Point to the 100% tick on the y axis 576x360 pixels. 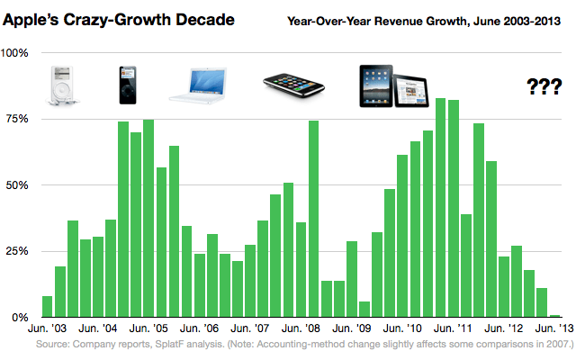coord(17,53)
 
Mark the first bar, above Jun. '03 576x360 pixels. coord(48,307)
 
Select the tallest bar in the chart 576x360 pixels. coord(441,208)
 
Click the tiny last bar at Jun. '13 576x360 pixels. coord(555,316)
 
